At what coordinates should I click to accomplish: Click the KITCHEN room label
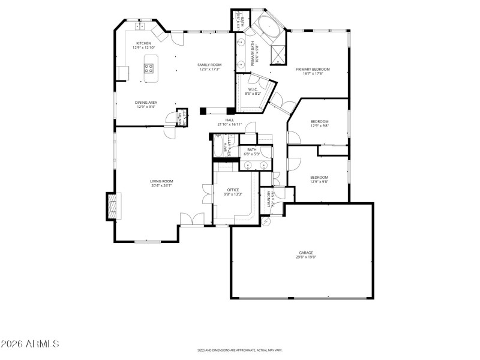(143, 43)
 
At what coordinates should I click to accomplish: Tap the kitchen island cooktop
(149, 68)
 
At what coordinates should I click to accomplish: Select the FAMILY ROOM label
(210, 65)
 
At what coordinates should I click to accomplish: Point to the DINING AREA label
(146, 103)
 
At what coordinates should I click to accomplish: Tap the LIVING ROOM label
(161, 181)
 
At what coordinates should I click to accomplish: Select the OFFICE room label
(233, 190)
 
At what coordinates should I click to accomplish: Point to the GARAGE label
(306, 253)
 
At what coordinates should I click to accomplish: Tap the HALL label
(229, 121)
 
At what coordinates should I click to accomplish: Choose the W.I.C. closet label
(253, 90)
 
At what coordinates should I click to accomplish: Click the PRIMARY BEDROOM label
(313, 70)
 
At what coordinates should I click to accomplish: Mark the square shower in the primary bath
(278, 55)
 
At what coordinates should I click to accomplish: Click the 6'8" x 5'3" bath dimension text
(251, 154)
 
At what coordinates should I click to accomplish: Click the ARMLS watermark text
(30, 344)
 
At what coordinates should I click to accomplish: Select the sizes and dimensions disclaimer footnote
(240, 350)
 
